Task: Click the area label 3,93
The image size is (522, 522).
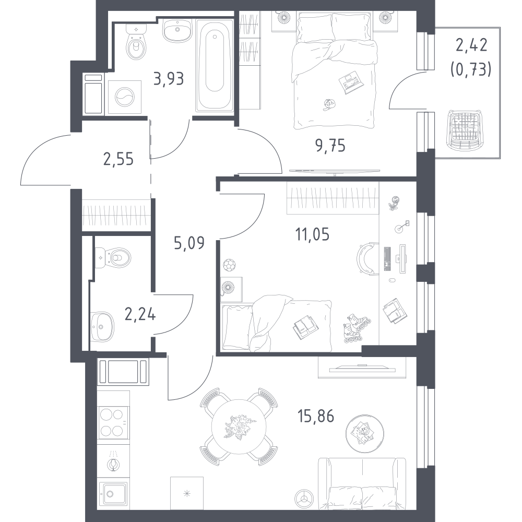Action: pos(169,79)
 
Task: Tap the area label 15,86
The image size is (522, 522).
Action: pos(316,416)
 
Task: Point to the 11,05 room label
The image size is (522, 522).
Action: pos(312,234)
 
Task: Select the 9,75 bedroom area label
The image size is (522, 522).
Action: pos(330,146)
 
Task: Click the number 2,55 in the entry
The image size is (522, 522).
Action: pos(118,159)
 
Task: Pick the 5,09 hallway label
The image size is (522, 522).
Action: pos(189,243)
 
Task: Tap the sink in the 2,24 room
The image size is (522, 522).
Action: pos(102,327)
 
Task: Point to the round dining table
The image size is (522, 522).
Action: pos(239,427)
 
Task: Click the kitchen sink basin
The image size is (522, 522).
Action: pos(113,493)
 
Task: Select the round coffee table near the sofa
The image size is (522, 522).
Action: pos(365,433)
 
